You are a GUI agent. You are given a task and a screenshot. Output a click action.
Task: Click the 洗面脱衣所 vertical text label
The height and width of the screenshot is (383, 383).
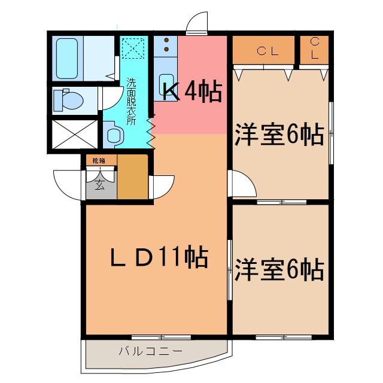coord(131,101)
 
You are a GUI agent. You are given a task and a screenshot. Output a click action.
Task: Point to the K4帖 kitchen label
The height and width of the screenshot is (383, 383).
coord(193,92)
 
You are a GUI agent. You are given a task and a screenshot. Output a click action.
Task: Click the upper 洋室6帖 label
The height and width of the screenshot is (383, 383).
coord(279,134)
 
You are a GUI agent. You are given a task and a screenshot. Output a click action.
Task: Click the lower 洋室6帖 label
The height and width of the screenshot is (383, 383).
coord(279,269)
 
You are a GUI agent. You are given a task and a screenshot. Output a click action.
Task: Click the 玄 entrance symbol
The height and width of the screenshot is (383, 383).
coord(99,186)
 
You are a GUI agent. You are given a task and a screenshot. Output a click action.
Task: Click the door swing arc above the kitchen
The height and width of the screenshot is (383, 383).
coord(197,24)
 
